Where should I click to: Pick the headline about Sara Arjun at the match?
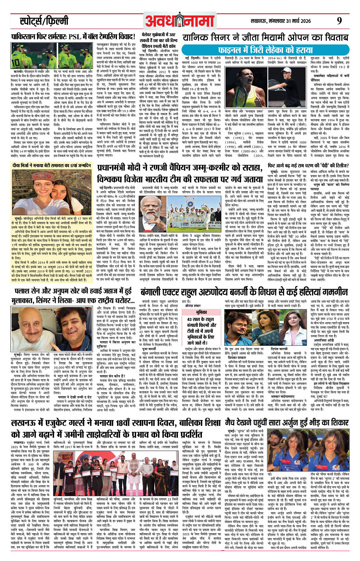287,423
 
